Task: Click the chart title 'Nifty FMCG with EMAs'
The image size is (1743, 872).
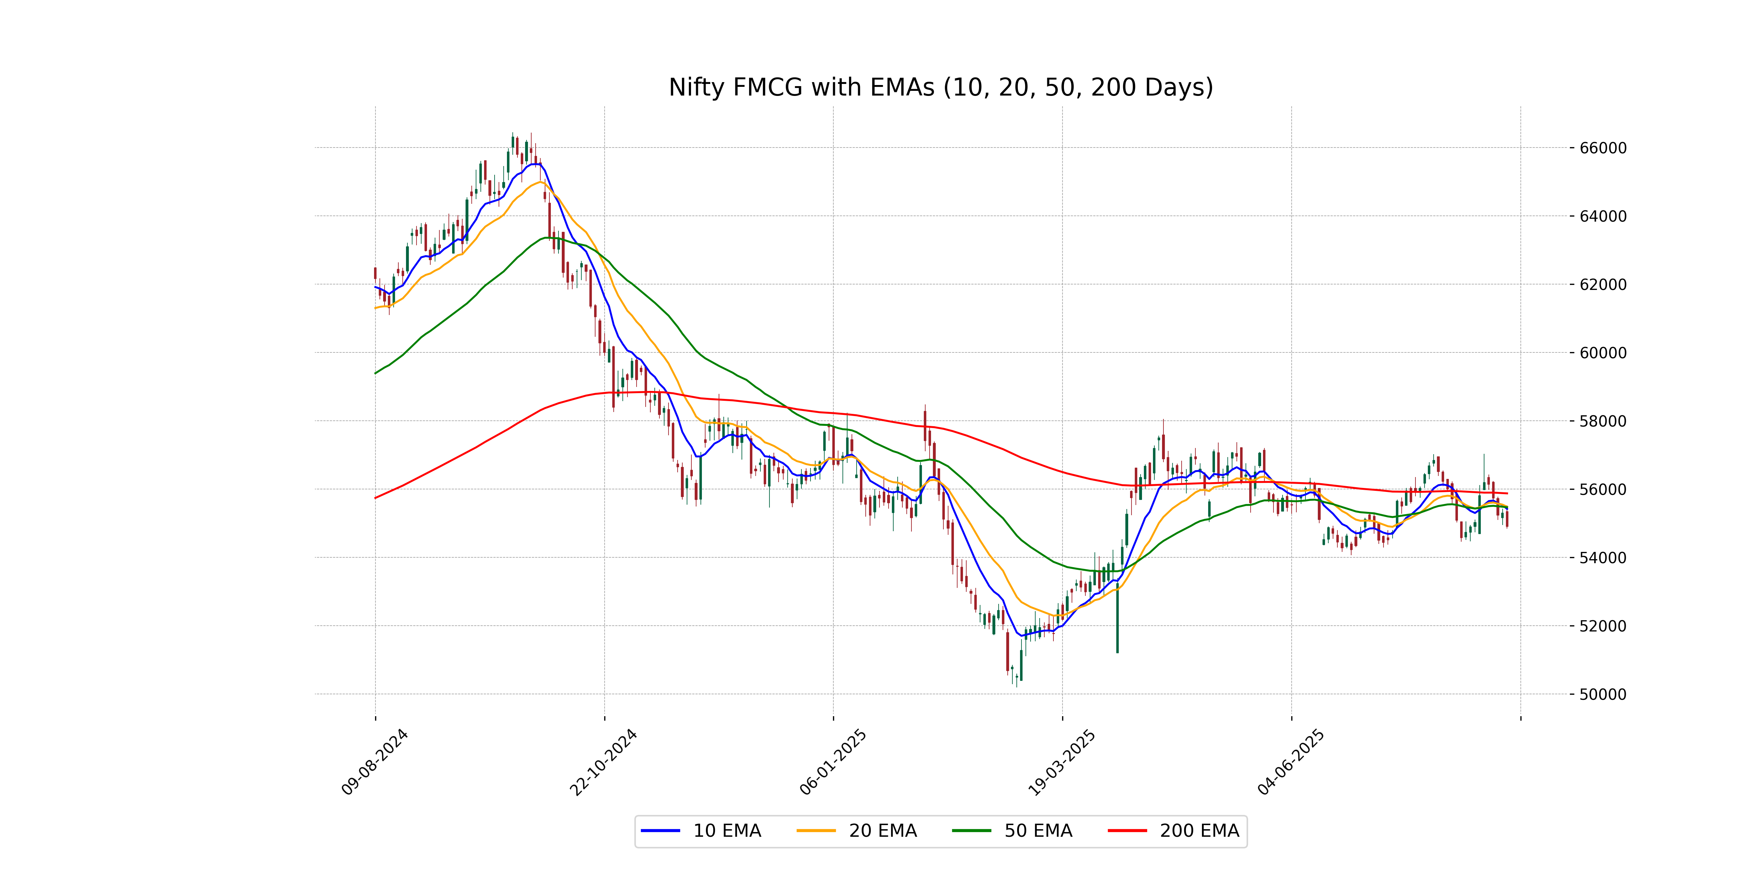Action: [x=940, y=87]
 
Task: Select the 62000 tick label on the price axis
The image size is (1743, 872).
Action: [x=1602, y=285]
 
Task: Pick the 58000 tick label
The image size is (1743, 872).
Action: [x=1602, y=421]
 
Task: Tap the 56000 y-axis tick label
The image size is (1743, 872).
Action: [x=1602, y=489]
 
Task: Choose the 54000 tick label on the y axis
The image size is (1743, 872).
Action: [x=1602, y=558]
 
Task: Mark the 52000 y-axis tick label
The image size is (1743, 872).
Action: [x=1602, y=626]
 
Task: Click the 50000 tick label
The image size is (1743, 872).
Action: [x=1602, y=695]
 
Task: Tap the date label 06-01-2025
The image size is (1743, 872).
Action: [x=833, y=762]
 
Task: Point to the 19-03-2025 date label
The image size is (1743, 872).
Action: [x=1062, y=762]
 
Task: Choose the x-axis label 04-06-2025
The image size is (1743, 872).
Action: [x=1291, y=762]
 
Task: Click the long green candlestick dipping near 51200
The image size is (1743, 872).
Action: [x=1117, y=616]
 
